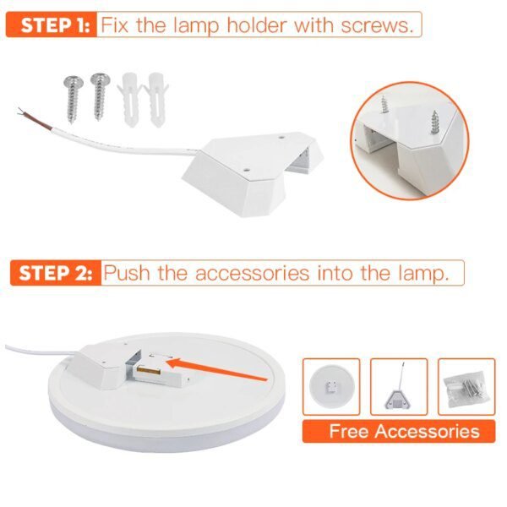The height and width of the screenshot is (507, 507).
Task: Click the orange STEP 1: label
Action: coord(50,25)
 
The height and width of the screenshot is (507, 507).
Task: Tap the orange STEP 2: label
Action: coord(52,273)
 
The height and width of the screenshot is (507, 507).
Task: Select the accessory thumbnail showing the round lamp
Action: coord(331,387)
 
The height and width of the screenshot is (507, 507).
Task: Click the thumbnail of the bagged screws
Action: coord(466,387)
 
